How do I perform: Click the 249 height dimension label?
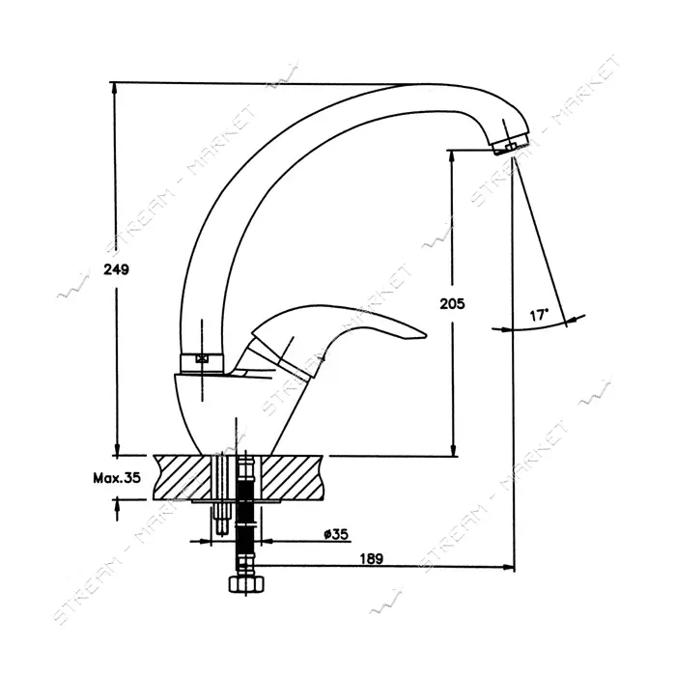(x=117, y=269)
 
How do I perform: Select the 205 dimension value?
(x=452, y=304)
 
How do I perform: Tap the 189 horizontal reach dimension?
(x=372, y=558)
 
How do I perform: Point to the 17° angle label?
(x=539, y=315)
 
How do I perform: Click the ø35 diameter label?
(x=336, y=534)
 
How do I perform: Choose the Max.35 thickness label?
(x=117, y=477)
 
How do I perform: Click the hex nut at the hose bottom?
(x=246, y=585)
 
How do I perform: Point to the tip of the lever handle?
(x=426, y=334)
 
